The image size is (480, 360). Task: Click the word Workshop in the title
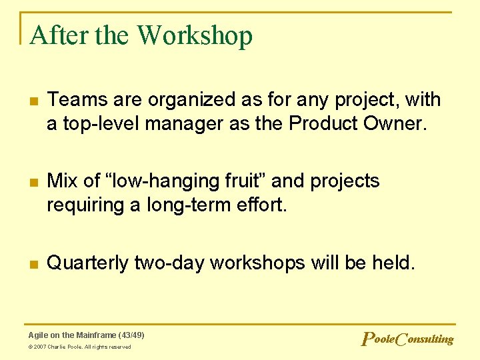[195, 35]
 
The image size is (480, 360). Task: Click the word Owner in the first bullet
[395, 124]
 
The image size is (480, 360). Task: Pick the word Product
[322, 124]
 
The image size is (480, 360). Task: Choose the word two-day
[169, 263]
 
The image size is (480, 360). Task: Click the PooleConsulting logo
[407, 339]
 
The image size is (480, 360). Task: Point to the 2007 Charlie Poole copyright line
[80, 347]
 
